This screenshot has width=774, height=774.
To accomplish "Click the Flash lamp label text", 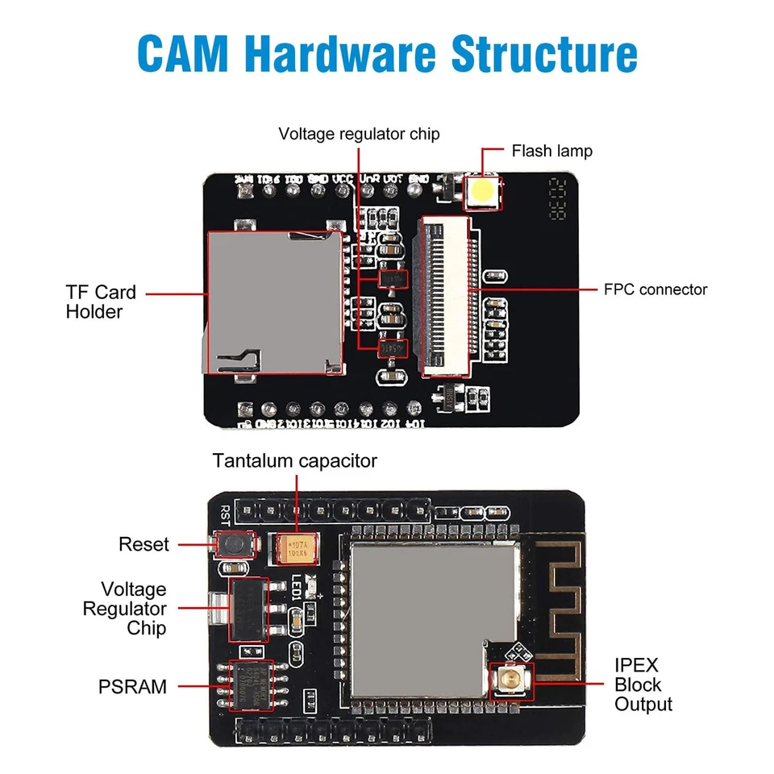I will pos(551,151).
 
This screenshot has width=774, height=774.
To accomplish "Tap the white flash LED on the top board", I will pos(482,192).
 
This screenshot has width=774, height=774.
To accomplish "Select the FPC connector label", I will pos(655,289).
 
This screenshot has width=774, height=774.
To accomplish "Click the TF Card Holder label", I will pos(101,302).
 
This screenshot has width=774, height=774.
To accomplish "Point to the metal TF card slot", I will pos(273,302).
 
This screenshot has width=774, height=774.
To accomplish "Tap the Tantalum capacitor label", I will pos(295,460).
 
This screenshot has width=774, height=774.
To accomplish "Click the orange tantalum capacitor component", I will pos(295,551).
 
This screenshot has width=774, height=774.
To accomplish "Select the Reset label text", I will pos(144,544).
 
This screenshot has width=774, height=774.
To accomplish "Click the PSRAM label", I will pos(133,687).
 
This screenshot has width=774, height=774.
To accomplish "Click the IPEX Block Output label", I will pos(643,685).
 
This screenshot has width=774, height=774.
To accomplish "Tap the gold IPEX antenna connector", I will pos(510,679).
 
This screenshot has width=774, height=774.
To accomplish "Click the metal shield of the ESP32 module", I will pos(432,613).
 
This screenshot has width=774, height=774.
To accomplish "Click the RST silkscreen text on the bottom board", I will pos(224,514).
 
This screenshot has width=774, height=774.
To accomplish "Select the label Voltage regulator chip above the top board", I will pos(359,134).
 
